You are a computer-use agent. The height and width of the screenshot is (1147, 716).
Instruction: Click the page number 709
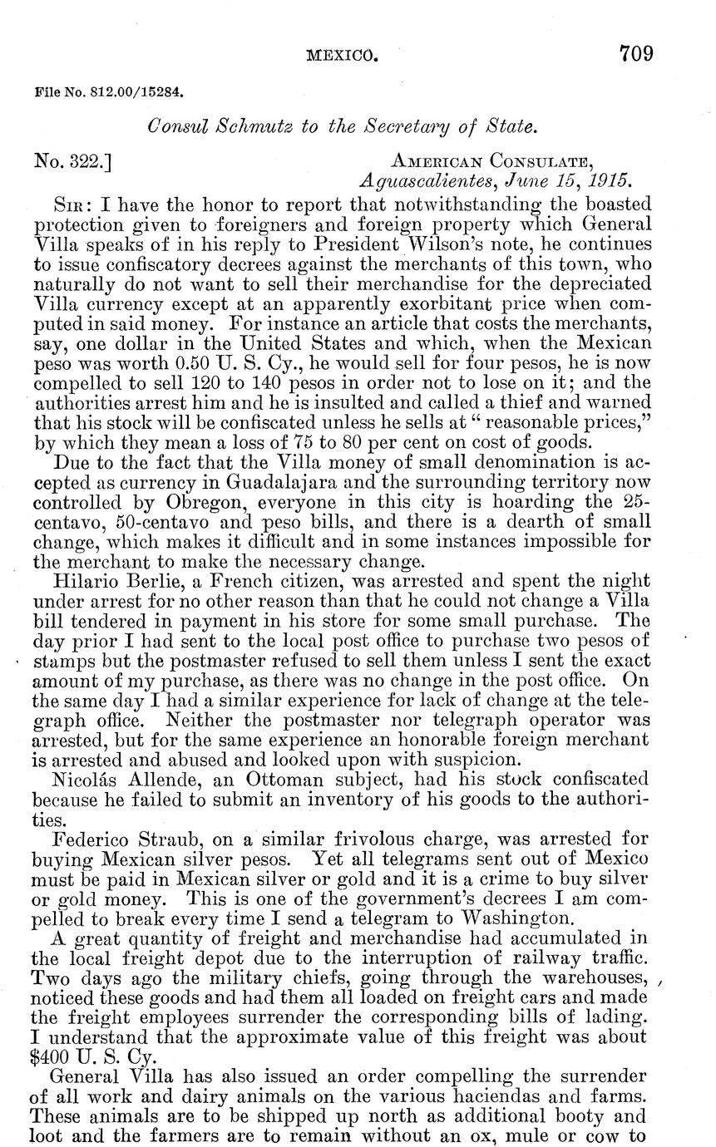635,55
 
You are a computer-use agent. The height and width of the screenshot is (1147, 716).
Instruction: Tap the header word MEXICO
342,57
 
